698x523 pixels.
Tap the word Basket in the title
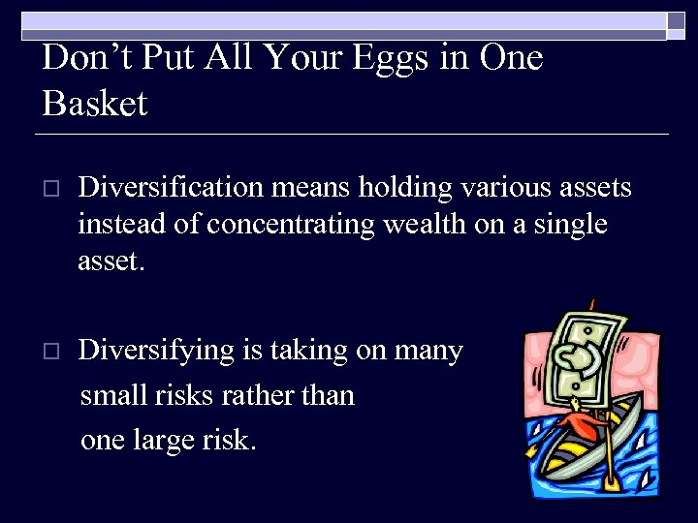click(x=95, y=103)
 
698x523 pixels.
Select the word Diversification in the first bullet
click(x=168, y=187)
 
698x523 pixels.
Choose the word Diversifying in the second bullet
click(x=156, y=351)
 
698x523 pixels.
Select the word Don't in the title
click(x=87, y=58)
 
